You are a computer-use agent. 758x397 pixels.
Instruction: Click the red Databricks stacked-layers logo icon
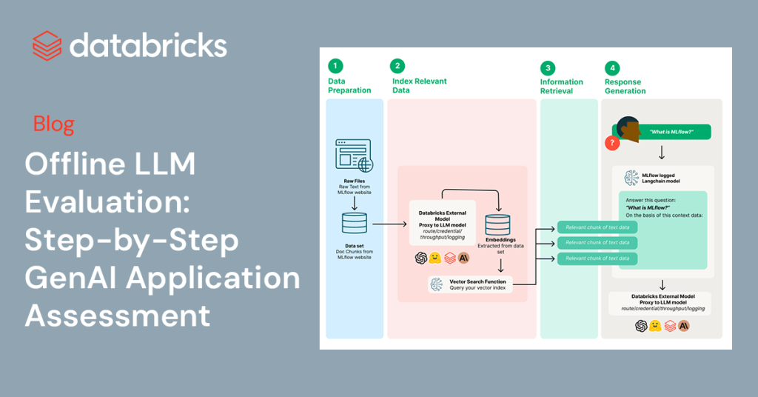[47, 45]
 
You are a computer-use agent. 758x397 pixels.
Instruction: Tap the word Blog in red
[54, 124]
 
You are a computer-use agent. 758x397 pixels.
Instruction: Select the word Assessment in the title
[118, 316]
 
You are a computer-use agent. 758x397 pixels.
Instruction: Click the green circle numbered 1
[335, 67]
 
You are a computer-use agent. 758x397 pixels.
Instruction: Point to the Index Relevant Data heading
[419, 86]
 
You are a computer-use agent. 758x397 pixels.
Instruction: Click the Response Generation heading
[625, 87]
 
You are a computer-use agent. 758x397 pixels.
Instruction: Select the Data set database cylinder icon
[354, 223]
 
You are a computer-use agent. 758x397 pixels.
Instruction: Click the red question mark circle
[612, 144]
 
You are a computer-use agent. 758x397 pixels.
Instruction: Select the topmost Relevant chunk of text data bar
[597, 227]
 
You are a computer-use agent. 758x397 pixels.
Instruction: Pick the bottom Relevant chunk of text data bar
[597, 258]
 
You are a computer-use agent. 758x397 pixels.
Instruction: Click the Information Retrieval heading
[562, 86]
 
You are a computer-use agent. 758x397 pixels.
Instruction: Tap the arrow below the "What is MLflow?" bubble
[662, 153]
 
